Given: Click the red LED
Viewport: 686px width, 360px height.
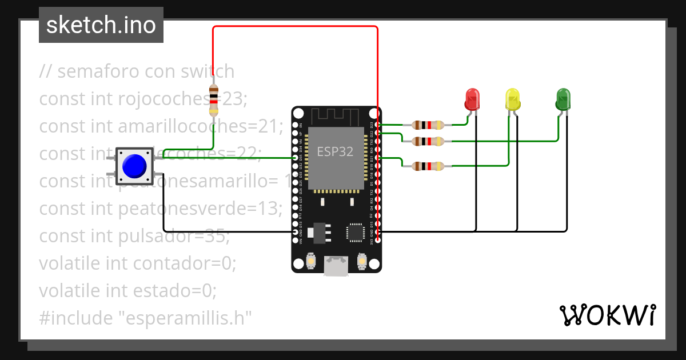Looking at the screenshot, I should tap(472, 99).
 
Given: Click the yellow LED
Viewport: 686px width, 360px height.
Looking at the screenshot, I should tap(513, 99).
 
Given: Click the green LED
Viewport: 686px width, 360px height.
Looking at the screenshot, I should tap(563, 99).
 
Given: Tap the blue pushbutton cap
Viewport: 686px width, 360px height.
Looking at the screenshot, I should tap(134, 166).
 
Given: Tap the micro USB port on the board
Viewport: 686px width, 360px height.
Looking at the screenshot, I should tap(336, 266).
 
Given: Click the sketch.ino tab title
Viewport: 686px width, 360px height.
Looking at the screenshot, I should tap(101, 25).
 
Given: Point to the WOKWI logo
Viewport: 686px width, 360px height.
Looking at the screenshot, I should tap(607, 315).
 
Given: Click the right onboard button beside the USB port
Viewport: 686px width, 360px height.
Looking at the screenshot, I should tap(361, 261).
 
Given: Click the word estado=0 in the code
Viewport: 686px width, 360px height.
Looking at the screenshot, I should tap(176, 291).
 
